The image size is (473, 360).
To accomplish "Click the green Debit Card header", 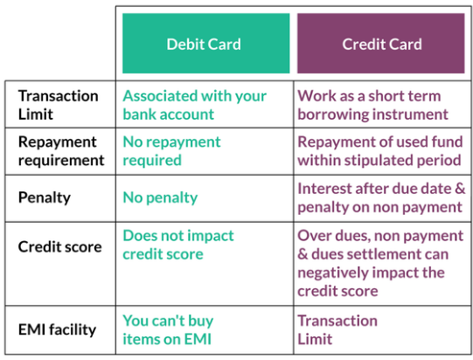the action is [x=206, y=43].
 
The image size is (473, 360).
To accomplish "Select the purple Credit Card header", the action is [x=380, y=43].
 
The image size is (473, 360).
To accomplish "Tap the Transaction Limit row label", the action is [x=59, y=105].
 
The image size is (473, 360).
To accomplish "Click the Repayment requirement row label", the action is [x=61, y=151].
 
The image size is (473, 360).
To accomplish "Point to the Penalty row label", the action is [x=45, y=198].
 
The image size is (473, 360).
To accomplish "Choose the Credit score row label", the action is [x=60, y=246].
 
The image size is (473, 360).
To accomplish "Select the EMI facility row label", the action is [x=58, y=329].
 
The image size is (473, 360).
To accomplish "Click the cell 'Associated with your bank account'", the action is [x=195, y=105].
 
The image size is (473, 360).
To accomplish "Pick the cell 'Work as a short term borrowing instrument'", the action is [x=372, y=105].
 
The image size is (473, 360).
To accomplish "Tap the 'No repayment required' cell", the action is [x=171, y=151].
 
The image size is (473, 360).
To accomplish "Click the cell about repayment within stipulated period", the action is [x=380, y=151].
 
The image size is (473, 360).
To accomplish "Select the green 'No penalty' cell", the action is [x=160, y=198].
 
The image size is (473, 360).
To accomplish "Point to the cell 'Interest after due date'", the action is [x=381, y=197].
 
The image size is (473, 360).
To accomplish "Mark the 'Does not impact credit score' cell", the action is [x=178, y=245].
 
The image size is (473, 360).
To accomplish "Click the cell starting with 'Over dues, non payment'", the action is [x=380, y=263].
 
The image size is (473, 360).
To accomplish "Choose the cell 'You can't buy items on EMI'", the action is [x=168, y=329].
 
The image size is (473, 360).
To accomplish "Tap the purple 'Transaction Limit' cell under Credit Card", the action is [x=337, y=329].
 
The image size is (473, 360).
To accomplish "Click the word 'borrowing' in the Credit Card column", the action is [x=333, y=114].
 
